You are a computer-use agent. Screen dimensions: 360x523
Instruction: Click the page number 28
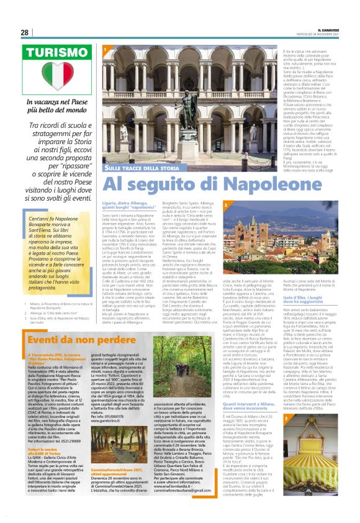(x=24, y=32)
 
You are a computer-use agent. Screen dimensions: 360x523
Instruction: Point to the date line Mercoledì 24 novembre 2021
(x=319, y=34)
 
